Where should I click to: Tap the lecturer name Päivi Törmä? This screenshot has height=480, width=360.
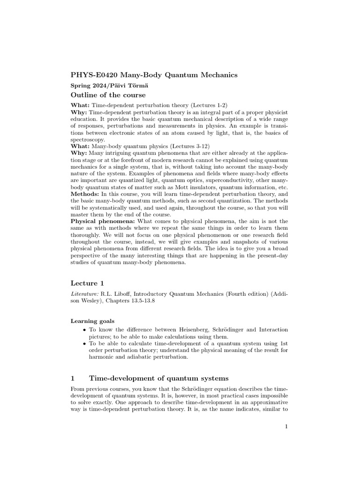coord(127,86)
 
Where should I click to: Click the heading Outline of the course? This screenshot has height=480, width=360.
coord(108,96)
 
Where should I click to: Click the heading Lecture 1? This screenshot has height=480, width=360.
coord(87,283)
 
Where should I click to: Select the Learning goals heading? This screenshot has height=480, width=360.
coord(92,321)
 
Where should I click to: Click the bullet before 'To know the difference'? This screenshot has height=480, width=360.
coord(83,330)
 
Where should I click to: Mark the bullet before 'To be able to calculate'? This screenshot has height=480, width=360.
coord(83,344)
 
